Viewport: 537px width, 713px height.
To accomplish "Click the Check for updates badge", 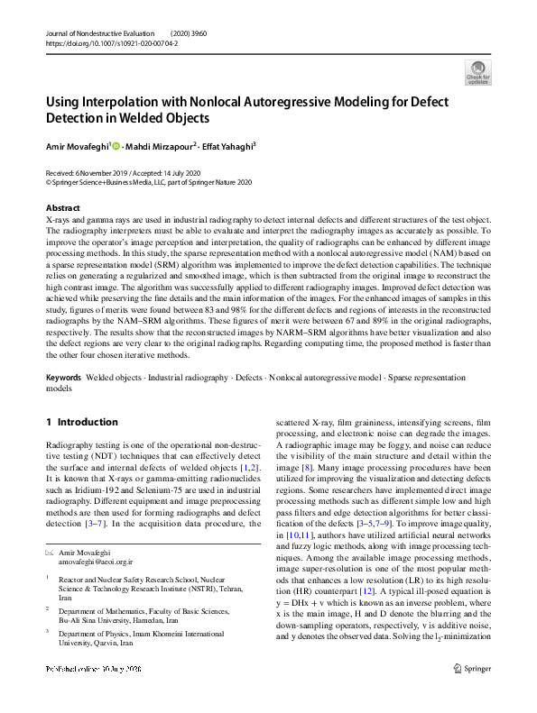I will tap(477, 71).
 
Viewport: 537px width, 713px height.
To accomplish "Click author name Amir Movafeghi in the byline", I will tap(77, 145).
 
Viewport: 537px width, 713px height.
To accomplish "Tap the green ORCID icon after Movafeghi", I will tap(116, 145).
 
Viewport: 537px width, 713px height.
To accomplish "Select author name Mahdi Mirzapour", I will tap(162, 145).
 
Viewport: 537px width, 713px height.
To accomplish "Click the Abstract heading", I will tap(62, 207).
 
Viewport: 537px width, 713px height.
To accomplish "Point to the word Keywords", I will tap(64, 378).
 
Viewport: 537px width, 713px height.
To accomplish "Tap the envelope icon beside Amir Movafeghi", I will tap(49, 551).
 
